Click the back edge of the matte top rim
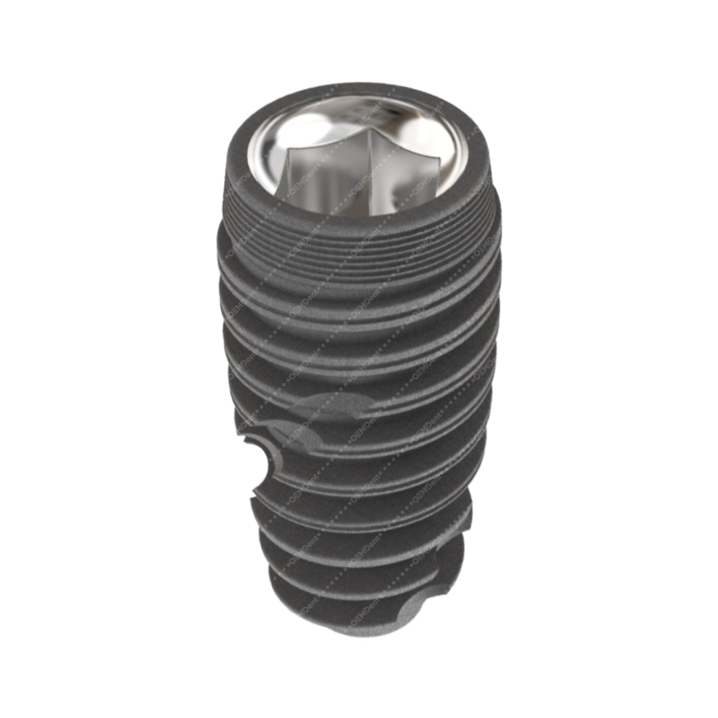click(x=359, y=90)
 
